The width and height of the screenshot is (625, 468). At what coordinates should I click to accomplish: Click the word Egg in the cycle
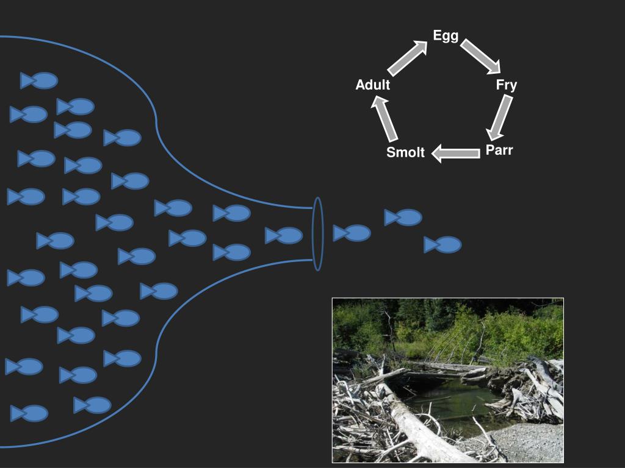click(446, 36)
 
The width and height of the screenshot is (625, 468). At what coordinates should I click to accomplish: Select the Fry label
click(506, 85)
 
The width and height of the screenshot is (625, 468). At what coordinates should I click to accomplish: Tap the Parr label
click(499, 150)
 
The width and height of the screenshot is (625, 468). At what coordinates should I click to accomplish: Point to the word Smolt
click(405, 153)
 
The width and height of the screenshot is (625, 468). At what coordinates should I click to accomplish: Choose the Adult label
click(373, 85)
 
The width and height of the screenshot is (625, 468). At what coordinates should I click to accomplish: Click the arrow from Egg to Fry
click(480, 56)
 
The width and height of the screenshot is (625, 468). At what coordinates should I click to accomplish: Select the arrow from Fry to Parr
click(499, 117)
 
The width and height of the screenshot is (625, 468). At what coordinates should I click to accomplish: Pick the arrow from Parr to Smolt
click(455, 153)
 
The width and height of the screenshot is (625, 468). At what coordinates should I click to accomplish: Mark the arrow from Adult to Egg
click(408, 57)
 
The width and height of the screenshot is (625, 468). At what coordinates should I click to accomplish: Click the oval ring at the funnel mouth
click(317, 233)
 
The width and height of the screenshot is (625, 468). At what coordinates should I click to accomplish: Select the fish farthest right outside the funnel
click(444, 245)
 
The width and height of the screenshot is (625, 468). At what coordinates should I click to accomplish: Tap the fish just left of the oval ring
click(284, 235)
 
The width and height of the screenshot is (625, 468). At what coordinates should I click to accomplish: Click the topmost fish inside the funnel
click(40, 80)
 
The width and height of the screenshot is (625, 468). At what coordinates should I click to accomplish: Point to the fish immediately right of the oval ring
click(352, 233)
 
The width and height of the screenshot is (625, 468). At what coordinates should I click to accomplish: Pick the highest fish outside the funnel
click(403, 218)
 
